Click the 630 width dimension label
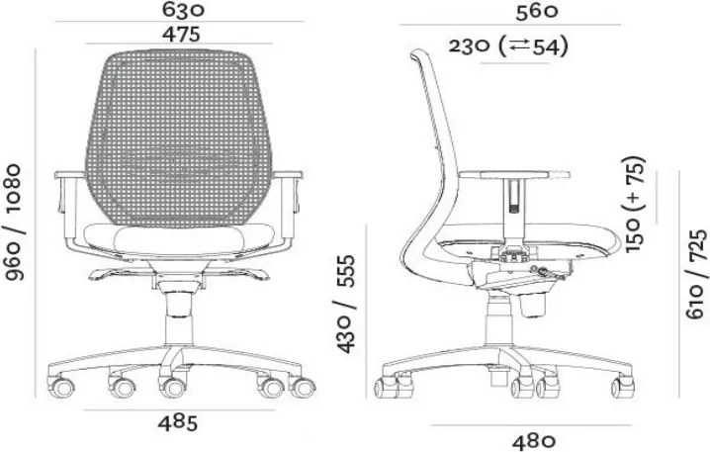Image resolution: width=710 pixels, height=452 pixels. pos(183,10)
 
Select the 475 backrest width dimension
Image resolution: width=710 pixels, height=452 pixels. pos(181,34)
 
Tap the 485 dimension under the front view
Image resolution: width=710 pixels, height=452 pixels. pos(178,423)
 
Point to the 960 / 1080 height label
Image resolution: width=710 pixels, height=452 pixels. pos(14,222)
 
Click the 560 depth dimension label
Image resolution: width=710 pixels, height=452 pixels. pos(537,12)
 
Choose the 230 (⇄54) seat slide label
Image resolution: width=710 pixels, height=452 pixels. pos(508,46)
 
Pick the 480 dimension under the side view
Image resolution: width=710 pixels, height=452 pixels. pos(534,441)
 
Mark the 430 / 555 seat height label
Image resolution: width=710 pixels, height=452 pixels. pos(346,304)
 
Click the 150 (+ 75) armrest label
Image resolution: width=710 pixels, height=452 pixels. pos(635,204)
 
